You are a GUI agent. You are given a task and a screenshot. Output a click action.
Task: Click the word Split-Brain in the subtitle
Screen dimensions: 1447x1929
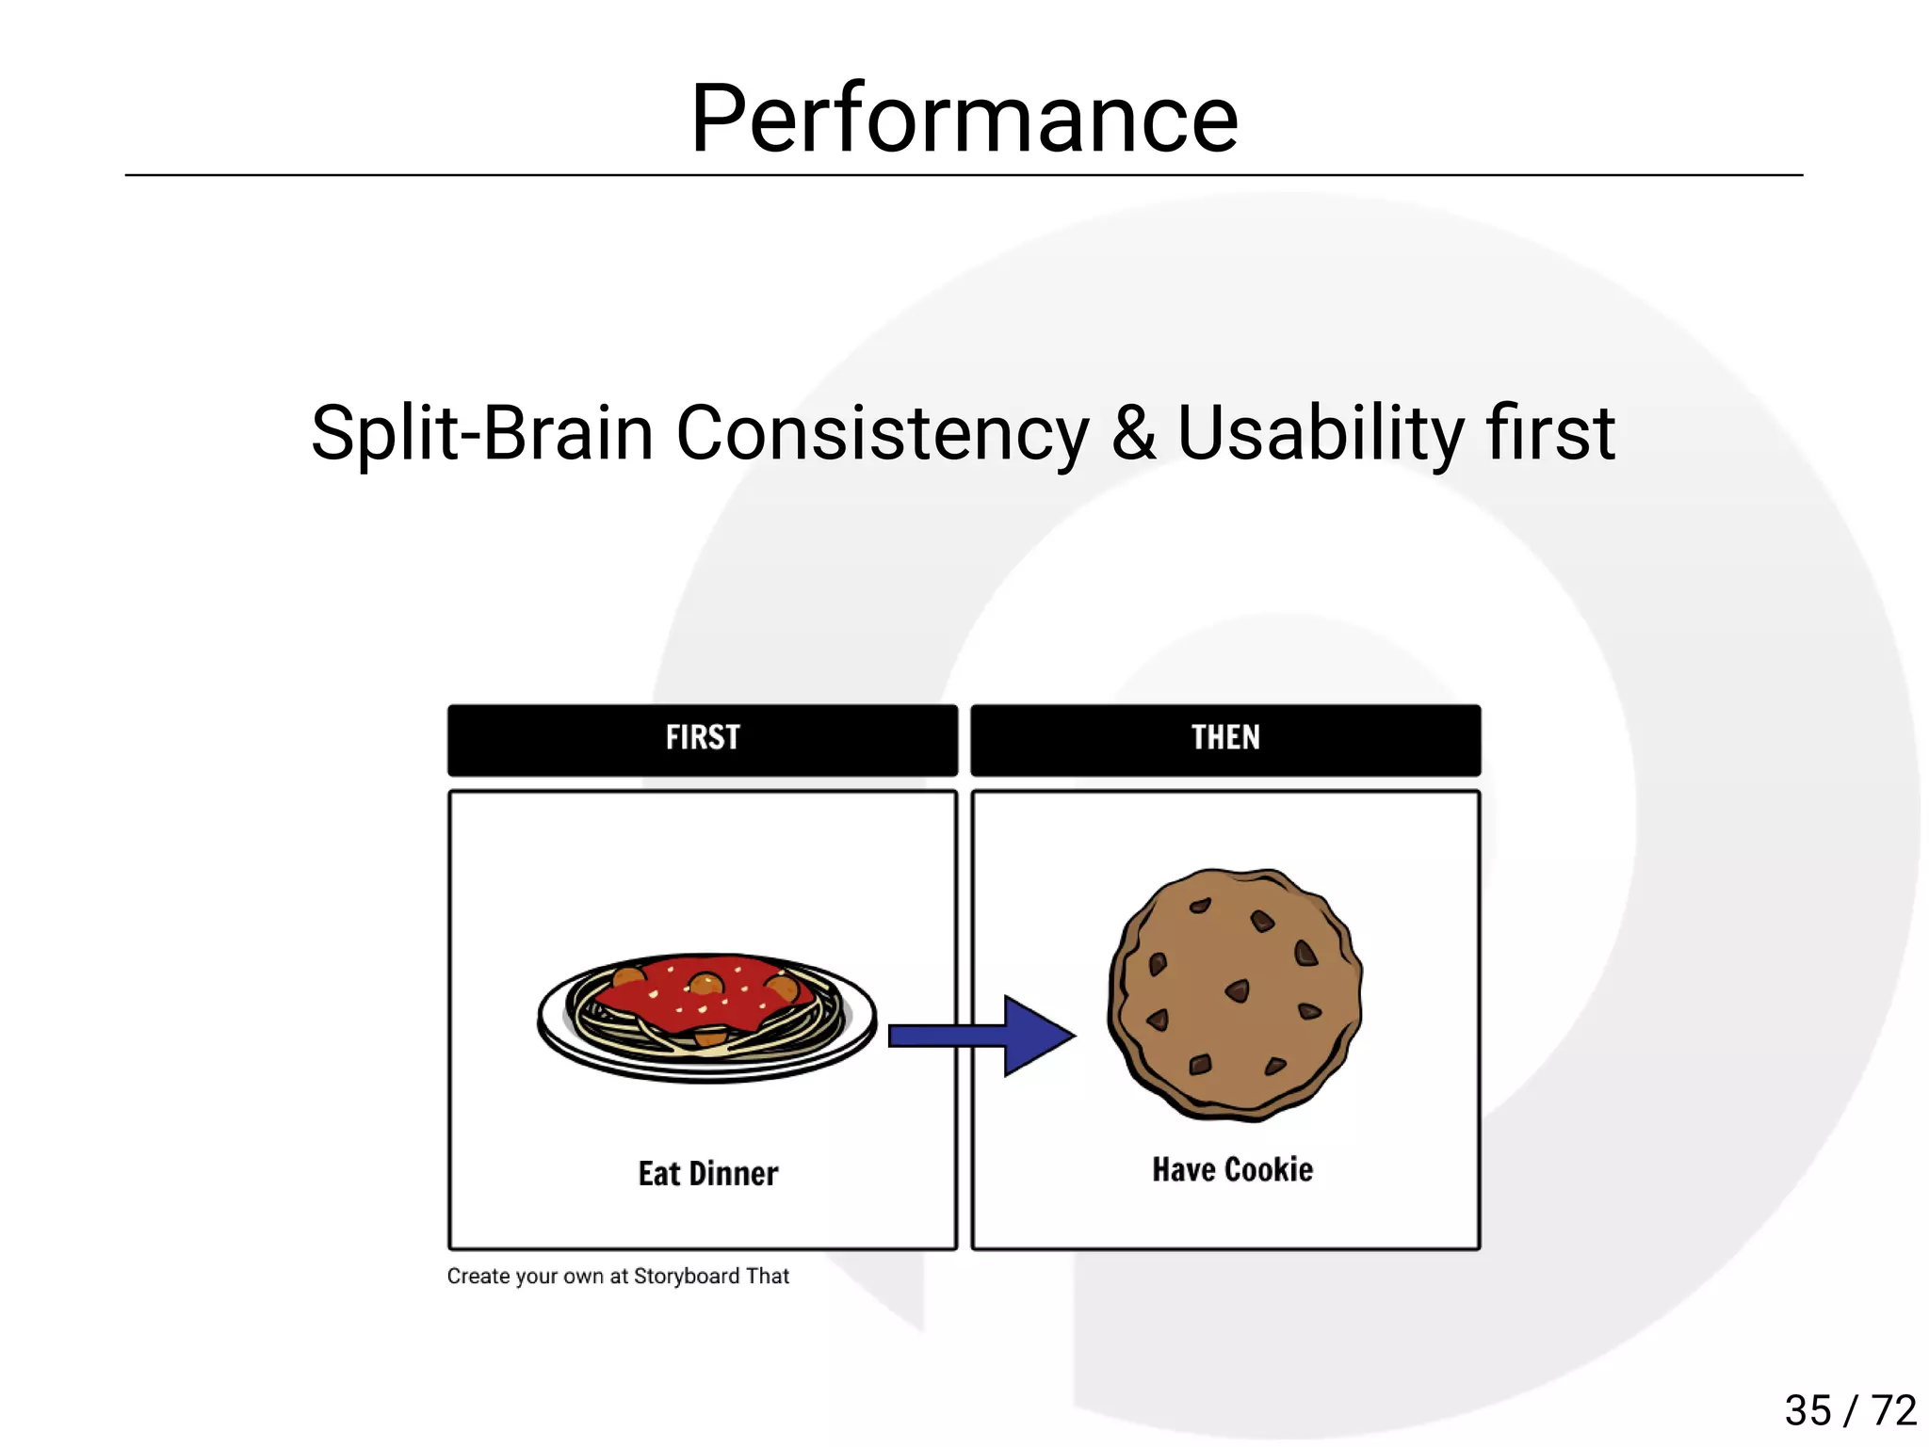[481, 433]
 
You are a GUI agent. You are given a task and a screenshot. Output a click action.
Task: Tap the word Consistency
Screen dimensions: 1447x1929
[882, 433]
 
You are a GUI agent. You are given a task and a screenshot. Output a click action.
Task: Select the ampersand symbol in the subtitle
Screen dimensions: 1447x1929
[1133, 433]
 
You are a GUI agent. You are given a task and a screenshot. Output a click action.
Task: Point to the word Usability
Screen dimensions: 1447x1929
[1320, 433]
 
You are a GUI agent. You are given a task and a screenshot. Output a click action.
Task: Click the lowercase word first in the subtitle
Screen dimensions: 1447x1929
[1549, 433]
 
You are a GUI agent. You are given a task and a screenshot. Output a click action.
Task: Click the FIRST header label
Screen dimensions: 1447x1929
[703, 737]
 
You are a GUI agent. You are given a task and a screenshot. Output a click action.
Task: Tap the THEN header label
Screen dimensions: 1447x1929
[1225, 737]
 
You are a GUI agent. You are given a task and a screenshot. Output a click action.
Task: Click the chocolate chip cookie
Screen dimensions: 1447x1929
[1235, 993]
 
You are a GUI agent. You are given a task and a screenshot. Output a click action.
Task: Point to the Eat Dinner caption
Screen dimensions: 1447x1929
[708, 1174]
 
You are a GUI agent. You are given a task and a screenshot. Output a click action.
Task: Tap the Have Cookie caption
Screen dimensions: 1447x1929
[1232, 1169]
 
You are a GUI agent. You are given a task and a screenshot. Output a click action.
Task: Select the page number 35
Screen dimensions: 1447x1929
[1807, 1410]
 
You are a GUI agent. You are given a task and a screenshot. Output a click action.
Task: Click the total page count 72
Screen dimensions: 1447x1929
[1894, 1410]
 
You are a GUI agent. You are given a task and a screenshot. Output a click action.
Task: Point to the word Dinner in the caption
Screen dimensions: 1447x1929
[734, 1174]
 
